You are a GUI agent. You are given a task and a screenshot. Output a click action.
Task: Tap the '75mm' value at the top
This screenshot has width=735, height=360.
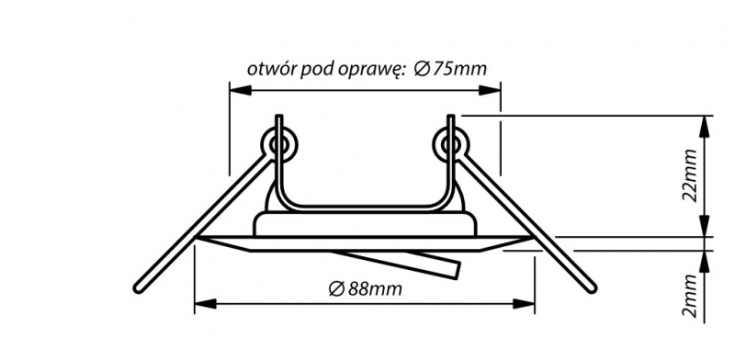click(459, 69)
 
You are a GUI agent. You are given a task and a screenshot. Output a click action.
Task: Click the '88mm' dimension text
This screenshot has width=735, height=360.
click(374, 289)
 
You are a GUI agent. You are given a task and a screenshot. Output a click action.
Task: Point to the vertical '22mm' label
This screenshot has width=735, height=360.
click(690, 174)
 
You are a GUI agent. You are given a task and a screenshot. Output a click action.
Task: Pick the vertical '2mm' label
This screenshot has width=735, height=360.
click(690, 297)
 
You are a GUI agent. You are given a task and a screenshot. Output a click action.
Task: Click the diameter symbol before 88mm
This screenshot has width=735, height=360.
click(335, 289)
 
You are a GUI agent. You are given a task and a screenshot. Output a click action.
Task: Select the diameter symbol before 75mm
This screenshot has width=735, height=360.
click(422, 70)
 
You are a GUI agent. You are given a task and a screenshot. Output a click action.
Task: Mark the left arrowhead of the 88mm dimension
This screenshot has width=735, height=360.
click(205, 304)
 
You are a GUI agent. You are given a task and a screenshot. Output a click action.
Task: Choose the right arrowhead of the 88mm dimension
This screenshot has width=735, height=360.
click(524, 304)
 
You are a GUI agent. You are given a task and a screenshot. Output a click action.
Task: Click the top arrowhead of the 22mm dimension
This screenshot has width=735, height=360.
click(704, 126)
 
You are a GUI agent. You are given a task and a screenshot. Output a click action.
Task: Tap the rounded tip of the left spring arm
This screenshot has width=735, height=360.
click(138, 288)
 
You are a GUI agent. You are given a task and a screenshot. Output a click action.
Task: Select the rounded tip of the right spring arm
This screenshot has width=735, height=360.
click(592, 288)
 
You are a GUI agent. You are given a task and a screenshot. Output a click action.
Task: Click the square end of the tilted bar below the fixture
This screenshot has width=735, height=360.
click(458, 270)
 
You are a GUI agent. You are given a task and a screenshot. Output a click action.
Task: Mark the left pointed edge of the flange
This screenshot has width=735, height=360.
click(198, 238)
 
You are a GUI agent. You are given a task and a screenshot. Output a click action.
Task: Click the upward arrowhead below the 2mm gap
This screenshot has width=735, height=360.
click(704, 262)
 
